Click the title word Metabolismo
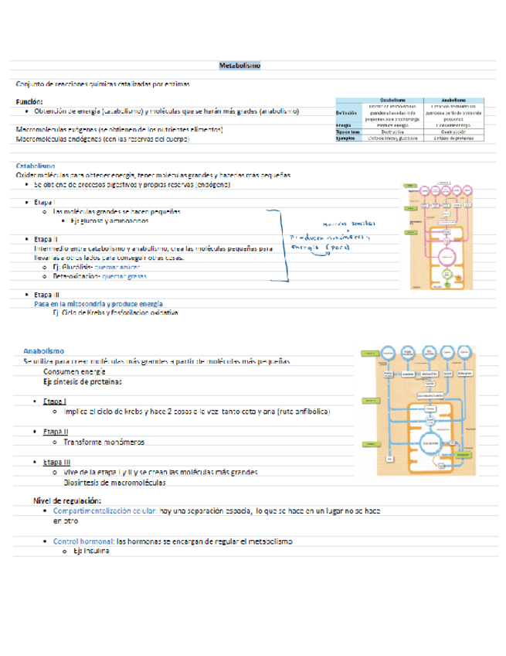pyautogui.click(x=239, y=67)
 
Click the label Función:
pyautogui.click(x=29, y=101)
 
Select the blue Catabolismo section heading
pyautogui.click(x=36, y=166)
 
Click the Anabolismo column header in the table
pyautogui.click(x=453, y=101)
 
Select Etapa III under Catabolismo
pyautogui.click(x=46, y=295)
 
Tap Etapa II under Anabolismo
pyautogui.click(x=56, y=432)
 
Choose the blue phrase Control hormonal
pyautogui.click(x=83, y=542)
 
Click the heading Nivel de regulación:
pyautogui.click(x=67, y=501)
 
